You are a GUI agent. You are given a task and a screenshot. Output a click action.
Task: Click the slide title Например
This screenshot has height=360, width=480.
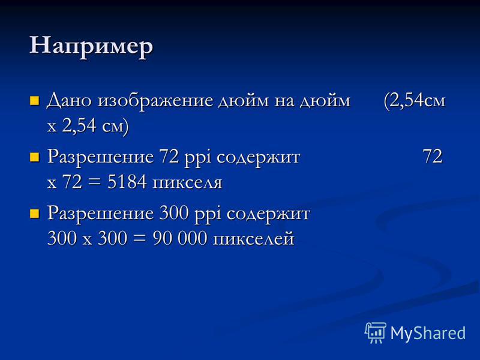(91, 46)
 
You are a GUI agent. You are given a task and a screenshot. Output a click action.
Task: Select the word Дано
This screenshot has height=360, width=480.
(69, 100)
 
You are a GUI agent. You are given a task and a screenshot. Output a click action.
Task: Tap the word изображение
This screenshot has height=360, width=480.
(155, 100)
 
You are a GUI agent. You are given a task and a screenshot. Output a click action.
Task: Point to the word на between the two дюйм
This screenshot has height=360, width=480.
(284, 101)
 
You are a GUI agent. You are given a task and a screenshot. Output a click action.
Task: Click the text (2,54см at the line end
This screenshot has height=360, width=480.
(414, 101)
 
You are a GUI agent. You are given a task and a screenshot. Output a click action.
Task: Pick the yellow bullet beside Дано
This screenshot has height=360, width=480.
(34, 101)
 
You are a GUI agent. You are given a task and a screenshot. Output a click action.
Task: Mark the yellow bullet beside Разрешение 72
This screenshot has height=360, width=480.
(34, 157)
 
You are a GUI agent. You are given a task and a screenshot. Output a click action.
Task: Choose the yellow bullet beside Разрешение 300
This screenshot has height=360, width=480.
(34, 214)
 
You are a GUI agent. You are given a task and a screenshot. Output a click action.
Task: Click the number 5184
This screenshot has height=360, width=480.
(127, 182)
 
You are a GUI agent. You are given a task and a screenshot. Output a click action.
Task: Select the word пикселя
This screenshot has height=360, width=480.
(187, 183)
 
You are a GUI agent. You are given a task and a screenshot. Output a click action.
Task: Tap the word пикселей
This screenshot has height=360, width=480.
(253, 239)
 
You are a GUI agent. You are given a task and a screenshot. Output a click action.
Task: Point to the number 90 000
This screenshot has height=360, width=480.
(179, 238)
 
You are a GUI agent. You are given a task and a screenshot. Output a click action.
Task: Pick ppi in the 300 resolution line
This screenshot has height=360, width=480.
(208, 215)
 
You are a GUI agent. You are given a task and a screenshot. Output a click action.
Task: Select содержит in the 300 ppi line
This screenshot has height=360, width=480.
(268, 215)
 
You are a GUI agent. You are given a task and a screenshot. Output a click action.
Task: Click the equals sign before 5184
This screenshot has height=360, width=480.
(94, 182)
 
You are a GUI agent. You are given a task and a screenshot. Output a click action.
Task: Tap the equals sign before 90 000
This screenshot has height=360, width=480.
(139, 239)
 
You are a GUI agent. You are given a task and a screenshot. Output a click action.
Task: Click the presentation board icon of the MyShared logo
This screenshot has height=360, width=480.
(375, 332)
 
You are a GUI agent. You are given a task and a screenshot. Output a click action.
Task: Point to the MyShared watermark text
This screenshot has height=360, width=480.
(428, 333)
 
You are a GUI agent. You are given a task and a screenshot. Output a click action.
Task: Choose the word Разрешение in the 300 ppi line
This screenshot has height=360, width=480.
(100, 215)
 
